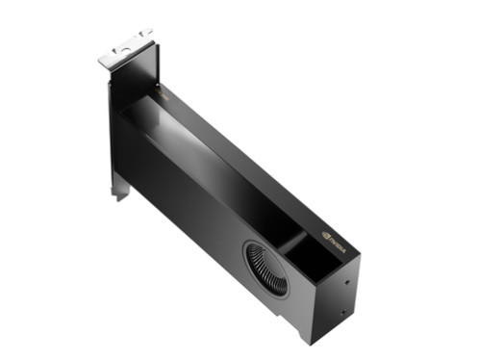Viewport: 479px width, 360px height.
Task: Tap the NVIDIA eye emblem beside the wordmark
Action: [323, 232]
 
